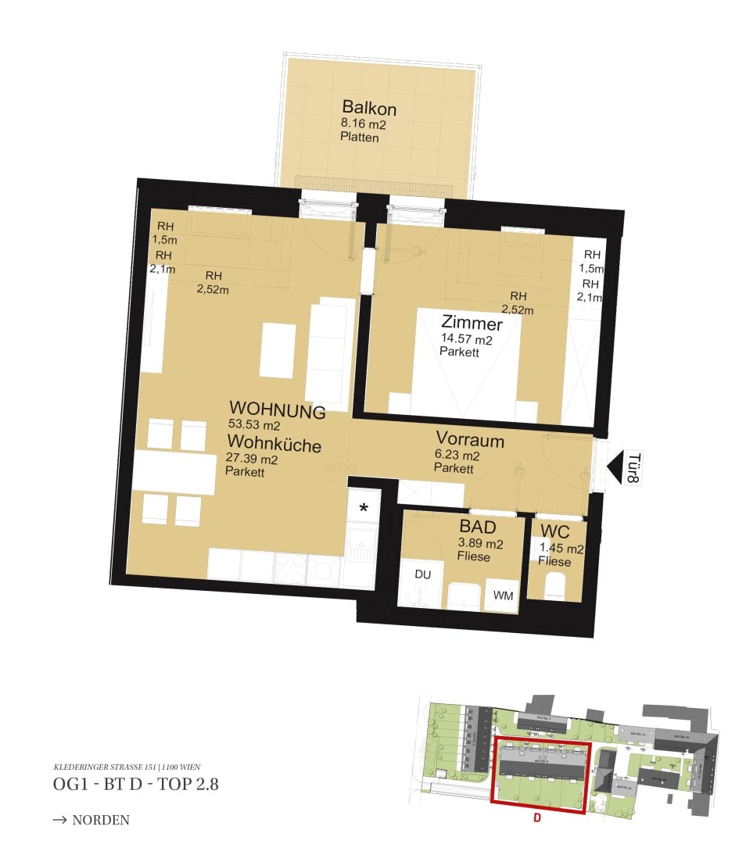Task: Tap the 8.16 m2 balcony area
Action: (x=364, y=123)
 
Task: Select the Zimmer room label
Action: (x=472, y=323)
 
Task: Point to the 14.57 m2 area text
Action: (x=467, y=339)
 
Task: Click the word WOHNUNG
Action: (x=277, y=409)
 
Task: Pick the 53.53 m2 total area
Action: (x=254, y=426)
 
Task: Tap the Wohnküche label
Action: (x=273, y=445)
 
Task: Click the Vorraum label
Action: (x=470, y=440)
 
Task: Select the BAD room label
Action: (x=478, y=527)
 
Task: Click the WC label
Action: (x=555, y=532)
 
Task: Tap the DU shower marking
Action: (x=422, y=574)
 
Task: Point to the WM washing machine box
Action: (x=503, y=595)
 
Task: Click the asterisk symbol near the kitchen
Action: (x=364, y=509)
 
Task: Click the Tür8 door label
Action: (x=634, y=469)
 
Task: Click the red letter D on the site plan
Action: (x=537, y=818)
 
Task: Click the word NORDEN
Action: (x=100, y=820)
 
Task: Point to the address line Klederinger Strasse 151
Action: (x=127, y=767)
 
